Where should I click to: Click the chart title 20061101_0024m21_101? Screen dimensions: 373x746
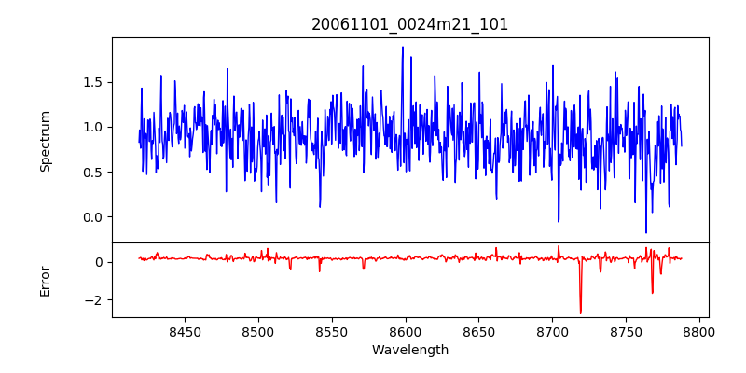click(x=410, y=24)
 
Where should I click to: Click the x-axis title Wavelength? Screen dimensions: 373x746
click(x=410, y=350)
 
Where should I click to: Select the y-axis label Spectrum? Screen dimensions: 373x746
click(x=45, y=141)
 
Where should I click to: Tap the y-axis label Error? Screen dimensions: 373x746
click(x=45, y=280)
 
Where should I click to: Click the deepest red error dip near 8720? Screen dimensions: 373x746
click(x=580, y=312)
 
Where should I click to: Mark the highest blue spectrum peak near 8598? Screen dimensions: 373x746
click(x=403, y=47)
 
